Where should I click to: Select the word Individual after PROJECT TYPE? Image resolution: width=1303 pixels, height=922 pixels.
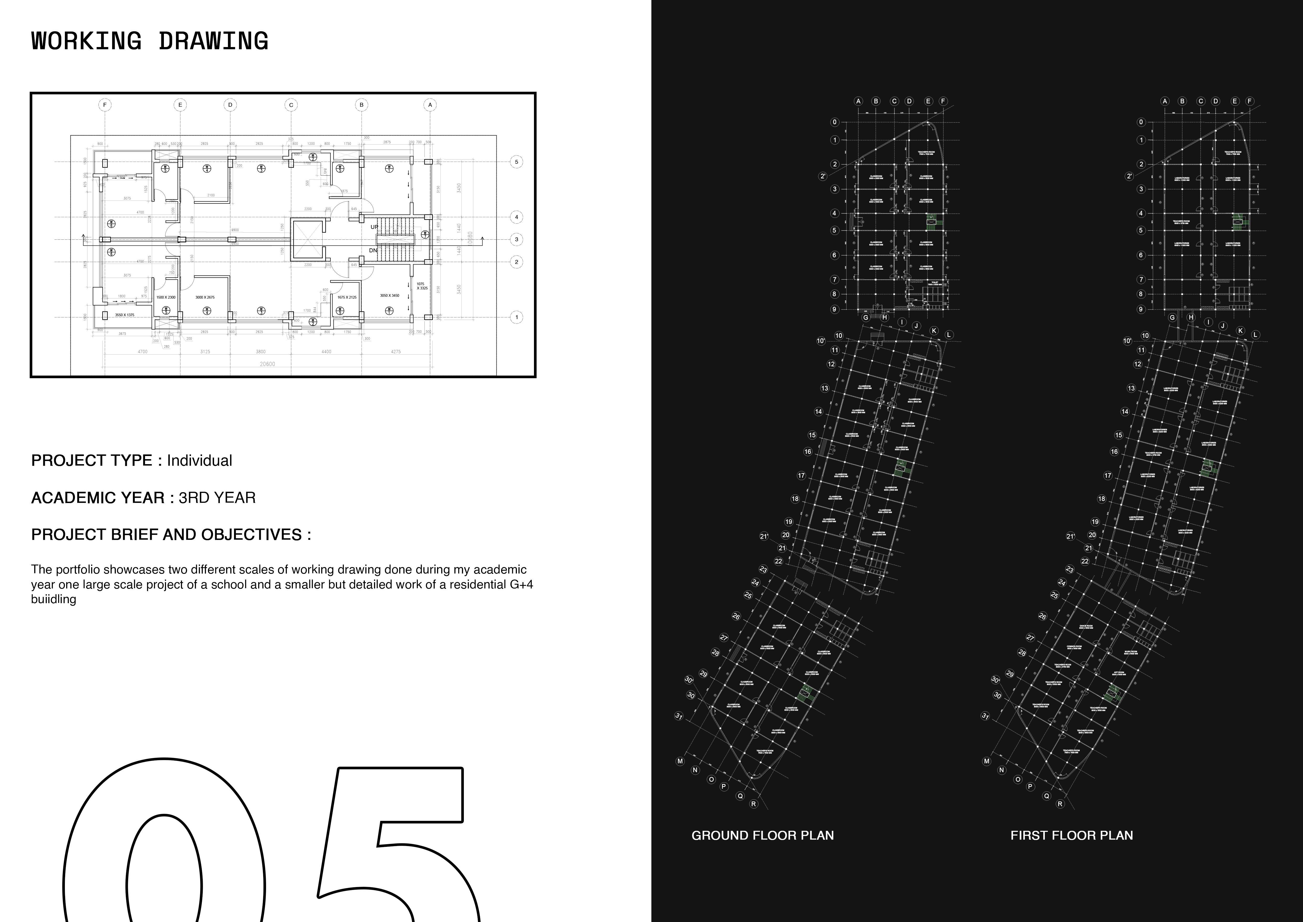coord(199,460)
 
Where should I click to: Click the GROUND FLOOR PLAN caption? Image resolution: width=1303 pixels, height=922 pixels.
coord(762,835)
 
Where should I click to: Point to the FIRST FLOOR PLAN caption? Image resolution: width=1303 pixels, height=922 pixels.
coord(1071,835)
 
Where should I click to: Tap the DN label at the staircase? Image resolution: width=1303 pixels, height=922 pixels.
coord(373,250)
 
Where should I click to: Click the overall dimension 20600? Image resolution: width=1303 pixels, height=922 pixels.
coord(267,364)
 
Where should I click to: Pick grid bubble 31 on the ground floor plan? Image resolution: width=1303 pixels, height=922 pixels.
coord(678,716)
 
